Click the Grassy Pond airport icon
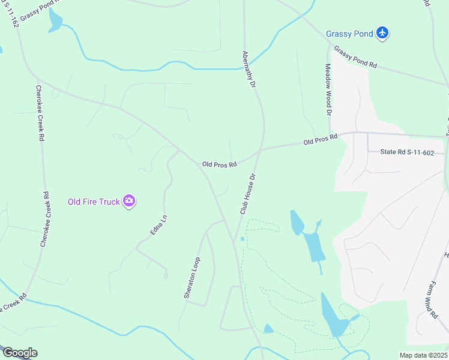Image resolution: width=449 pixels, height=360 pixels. click(x=382, y=34)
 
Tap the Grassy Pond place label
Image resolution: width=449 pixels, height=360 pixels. click(x=349, y=34)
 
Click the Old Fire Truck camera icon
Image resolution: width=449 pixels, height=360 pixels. click(x=128, y=202)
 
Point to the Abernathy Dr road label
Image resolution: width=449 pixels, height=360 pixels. click(x=249, y=70)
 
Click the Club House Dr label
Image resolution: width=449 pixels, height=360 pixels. click(x=248, y=194)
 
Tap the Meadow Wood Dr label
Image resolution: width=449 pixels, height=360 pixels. click(x=328, y=90)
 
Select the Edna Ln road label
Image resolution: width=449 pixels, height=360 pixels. click(x=157, y=223)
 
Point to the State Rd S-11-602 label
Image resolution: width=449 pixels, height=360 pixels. click(x=406, y=152)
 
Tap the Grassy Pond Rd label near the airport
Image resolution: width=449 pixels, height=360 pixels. click(x=355, y=57)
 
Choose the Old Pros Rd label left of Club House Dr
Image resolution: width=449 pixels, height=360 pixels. click(x=219, y=164)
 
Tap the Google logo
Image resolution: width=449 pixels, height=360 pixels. click(x=19, y=353)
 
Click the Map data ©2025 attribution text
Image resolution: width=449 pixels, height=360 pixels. click(x=424, y=355)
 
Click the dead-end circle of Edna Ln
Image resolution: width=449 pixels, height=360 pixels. click(x=166, y=276)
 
